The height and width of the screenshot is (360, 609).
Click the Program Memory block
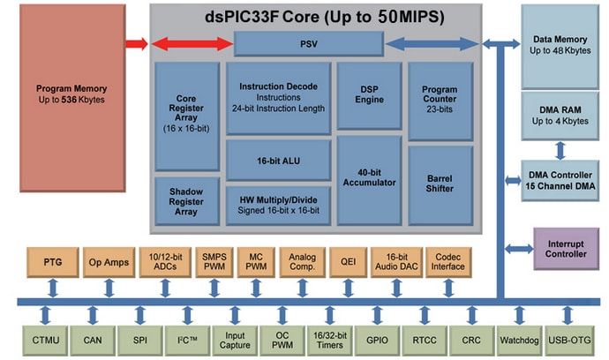click(x=71, y=94)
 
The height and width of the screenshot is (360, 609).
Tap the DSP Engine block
click(x=369, y=94)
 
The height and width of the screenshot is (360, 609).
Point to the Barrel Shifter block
click(x=440, y=183)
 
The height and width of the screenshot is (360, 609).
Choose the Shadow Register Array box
click(x=187, y=200)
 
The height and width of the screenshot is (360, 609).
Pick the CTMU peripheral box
click(x=44, y=337)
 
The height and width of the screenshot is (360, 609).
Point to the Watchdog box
click(x=518, y=337)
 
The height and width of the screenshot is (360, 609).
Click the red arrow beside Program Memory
click(x=137, y=42)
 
